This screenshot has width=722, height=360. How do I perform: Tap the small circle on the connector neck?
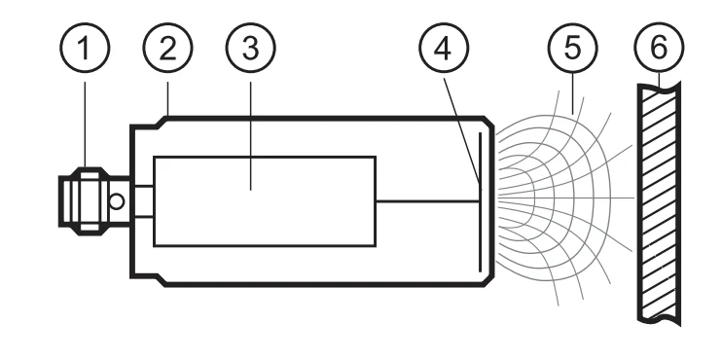pos(117,202)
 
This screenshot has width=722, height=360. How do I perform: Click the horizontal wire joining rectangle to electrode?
pos(428,201)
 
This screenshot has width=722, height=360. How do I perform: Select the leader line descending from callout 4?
pos(462,126)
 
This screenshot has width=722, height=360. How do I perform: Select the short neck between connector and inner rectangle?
pos(143,201)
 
